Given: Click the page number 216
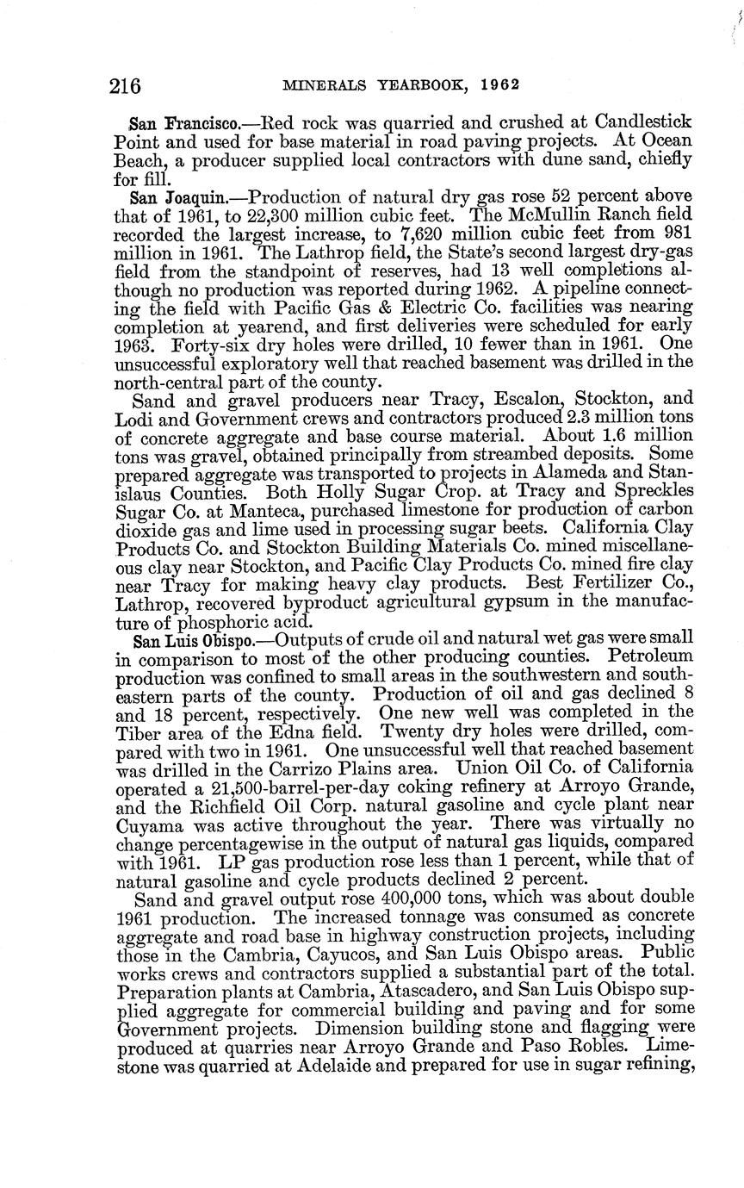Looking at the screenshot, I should click(x=126, y=85).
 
